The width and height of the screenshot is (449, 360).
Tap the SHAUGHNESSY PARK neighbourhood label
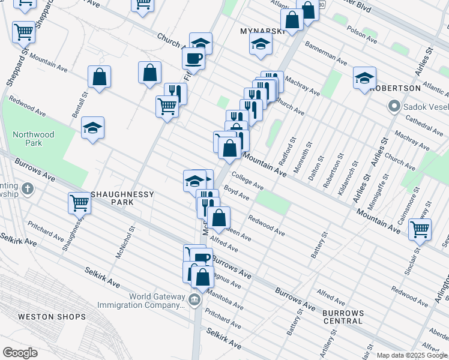[122, 199]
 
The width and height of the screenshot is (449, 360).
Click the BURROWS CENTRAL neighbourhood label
[343, 317]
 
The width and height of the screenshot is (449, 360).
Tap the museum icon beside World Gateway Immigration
[194, 299]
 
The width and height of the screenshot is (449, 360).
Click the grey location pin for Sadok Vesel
[394, 107]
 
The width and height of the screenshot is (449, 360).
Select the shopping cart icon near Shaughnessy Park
[80, 203]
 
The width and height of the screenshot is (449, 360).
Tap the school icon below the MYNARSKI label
[261, 44]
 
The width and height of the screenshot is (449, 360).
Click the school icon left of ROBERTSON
[364, 78]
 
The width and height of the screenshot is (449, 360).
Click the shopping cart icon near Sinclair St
[420, 229]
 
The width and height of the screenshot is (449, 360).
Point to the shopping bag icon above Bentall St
[99, 77]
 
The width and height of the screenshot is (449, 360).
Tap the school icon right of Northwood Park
[92, 128]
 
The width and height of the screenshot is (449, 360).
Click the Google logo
[20, 353]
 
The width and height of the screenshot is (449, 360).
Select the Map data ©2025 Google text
[411, 355]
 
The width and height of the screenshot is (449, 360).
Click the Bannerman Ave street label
[326, 53]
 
